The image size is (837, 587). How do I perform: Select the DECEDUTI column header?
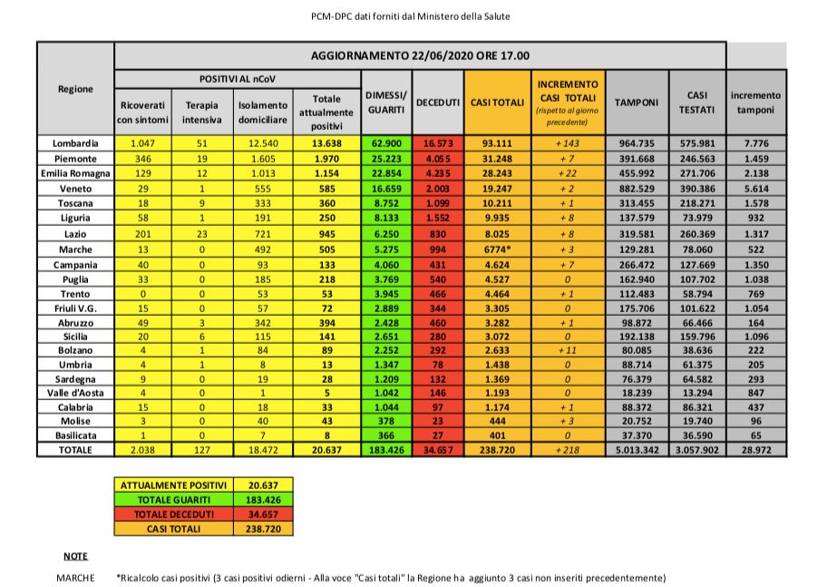[x=438, y=103]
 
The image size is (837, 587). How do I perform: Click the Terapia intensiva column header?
[x=201, y=112]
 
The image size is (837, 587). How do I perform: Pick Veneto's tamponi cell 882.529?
[x=637, y=188]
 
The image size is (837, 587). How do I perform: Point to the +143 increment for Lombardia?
[x=567, y=143]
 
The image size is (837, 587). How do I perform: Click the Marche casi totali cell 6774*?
[x=495, y=248]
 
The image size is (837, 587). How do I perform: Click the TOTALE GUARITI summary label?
[x=172, y=499]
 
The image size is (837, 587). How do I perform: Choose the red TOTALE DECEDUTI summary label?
[x=172, y=514]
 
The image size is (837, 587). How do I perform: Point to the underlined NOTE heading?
[x=75, y=555]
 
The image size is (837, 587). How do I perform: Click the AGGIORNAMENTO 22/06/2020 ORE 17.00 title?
[x=420, y=55]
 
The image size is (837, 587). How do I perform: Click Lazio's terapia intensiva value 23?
[x=201, y=232]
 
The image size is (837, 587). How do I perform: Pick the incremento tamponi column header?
[x=755, y=103]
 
